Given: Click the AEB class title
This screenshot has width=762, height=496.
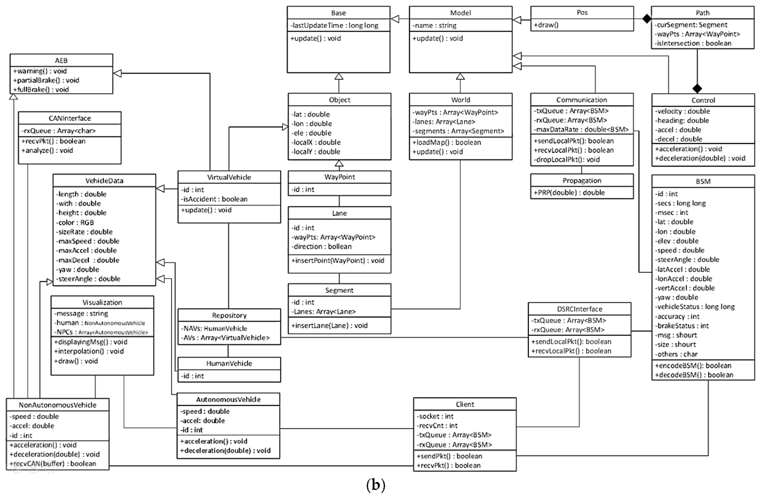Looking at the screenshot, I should pos(61,60).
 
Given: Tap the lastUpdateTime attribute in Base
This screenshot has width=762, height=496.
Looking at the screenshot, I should pos(334,26).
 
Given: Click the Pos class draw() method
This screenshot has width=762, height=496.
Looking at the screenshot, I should pos(548,25).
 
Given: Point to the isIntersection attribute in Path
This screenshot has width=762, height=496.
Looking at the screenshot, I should pos(693,43).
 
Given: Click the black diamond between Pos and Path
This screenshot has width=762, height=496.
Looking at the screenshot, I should pos(646,19).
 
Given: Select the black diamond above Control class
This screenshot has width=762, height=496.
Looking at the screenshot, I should pos(696,88).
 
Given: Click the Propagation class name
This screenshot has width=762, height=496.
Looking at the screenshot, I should pos(582,180).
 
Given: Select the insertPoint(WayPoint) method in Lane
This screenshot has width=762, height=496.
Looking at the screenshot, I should pos(338,260).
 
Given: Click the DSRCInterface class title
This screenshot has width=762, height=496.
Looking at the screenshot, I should pos(579,309).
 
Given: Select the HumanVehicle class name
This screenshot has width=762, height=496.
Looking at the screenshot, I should pos(229,364).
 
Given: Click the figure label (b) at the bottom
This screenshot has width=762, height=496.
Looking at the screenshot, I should pos(376,485).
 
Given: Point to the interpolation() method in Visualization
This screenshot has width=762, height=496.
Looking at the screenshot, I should pos(89,351).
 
